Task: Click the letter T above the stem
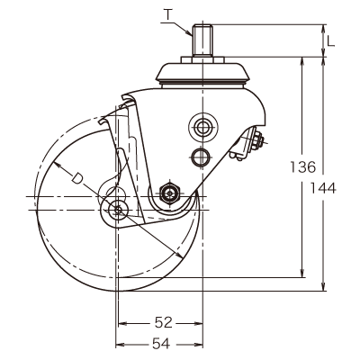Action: click(x=169, y=14)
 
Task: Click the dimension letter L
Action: click(x=330, y=40)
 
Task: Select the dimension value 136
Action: click(x=303, y=166)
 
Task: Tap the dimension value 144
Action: click(x=323, y=188)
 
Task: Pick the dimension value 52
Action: click(x=164, y=323)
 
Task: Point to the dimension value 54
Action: click(x=161, y=344)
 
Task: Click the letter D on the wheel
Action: click(x=77, y=177)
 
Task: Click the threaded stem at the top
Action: click(x=202, y=40)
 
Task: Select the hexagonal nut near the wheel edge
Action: click(x=170, y=193)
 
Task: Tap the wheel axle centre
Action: click(x=118, y=210)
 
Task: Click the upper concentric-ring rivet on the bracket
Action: click(x=202, y=128)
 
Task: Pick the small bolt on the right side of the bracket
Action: click(x=257, y=140)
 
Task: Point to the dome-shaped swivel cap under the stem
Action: click(x=202, y=73)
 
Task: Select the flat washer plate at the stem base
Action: click(x=202, y=59)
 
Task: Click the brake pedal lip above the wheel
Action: click(x=103, y=121)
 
